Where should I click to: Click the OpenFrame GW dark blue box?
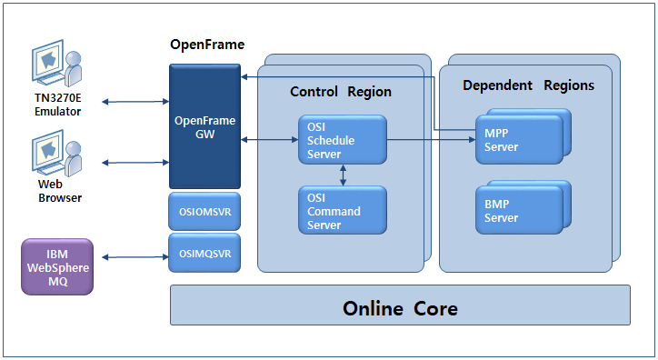(x=204, y=126)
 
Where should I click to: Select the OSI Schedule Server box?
(x=342, y=140)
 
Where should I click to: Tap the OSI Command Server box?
(x=342, y=211)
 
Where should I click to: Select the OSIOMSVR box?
(x=204, y=211)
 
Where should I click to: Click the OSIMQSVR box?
(x=204, y=253)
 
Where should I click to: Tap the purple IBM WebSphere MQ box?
(x=57, y=265)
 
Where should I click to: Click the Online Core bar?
(x=400, y=307)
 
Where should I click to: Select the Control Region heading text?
(x=341, y=92)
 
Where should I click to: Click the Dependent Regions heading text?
(x=528, y=85)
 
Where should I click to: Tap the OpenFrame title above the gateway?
(x=207, y=45)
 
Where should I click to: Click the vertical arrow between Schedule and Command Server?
(x=342, y=175)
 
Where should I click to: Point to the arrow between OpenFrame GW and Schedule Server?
(x=269, y=140)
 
